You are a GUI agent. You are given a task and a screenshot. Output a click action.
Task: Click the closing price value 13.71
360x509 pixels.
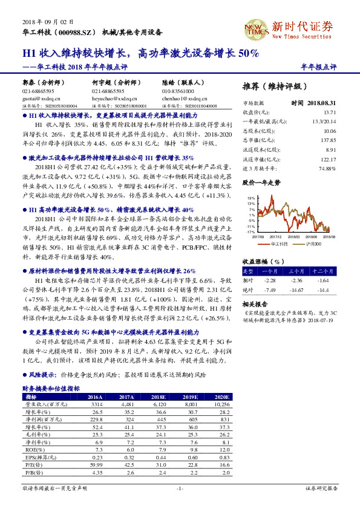click(x=329, y=112)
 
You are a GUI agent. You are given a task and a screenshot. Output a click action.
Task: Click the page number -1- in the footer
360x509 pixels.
click(x=179, y=488)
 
